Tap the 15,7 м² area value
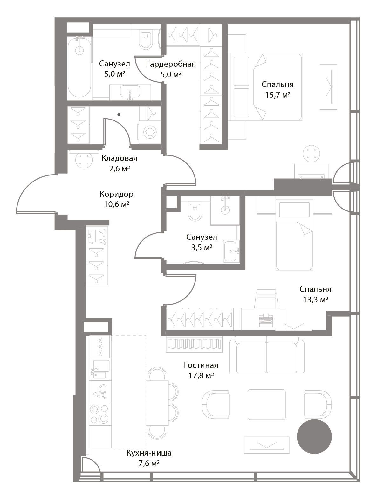[x=278, y=95]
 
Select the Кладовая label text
[x=119, y=158]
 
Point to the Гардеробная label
[x=171, y=64]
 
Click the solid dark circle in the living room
[x=314, y=437]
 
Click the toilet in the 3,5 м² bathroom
[x=195, y=212]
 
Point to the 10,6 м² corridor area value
[x=117, y=204]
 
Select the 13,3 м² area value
[x=315, y=300]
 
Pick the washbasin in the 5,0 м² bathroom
[x=130, y=93]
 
